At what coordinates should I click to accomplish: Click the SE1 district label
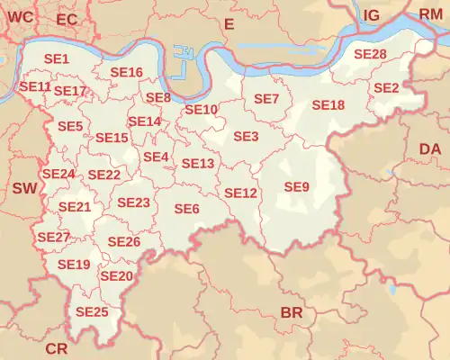(x=57, y=58)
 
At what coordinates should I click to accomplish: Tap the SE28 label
(x=370, y=54)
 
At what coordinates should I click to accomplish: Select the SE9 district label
(x=296, y=186)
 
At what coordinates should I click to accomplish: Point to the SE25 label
(x=92, y=311)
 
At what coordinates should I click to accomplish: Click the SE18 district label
(x=328, y=105)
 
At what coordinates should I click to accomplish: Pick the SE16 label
(x=126, y=72)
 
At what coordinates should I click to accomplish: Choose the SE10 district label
(x=201, y=109)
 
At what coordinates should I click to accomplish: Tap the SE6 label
(x=186, y=209)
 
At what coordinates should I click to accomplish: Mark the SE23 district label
(x=133, y=202)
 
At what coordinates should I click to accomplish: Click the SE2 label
(x=385, y=87)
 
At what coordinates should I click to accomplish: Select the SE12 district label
(x=240, y=193)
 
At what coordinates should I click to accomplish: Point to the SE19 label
(x=73, y=265)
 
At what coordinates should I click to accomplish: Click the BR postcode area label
(x=292, y=312)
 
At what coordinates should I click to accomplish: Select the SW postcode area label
(x=24, y=188)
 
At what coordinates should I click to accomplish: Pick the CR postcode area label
(x=56, y=348)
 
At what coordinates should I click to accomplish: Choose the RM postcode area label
(x=431, y=13)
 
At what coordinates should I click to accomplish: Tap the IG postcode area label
(x=371, y=15)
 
